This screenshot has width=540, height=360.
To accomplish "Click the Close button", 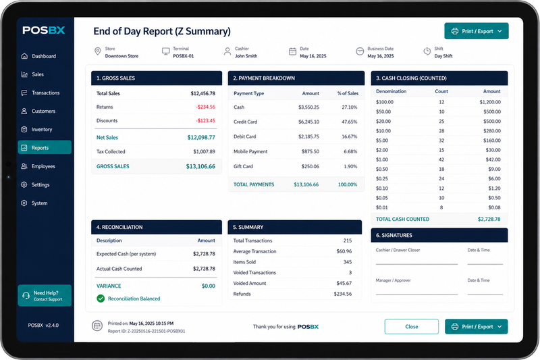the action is (412, 327).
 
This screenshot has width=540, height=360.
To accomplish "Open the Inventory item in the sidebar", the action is (42, 130).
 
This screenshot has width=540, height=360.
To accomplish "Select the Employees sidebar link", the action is (43, 166).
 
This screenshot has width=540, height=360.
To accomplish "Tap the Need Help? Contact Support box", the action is (45, 296).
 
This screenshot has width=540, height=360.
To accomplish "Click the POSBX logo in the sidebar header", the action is (44, 30).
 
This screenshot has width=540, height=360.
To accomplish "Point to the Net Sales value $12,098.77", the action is (201, 138).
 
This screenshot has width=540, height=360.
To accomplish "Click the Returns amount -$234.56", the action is (206, 107).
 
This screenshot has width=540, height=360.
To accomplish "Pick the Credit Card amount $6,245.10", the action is (308, 122).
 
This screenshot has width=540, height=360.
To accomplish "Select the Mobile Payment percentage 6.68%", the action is (350, 151).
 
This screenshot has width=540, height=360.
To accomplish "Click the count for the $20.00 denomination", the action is (441, 122).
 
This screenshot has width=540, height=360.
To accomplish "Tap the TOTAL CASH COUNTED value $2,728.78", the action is (489, 219).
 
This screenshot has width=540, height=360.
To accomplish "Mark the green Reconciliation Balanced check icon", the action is (101, 299).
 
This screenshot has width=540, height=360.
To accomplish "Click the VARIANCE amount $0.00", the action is (209, 286).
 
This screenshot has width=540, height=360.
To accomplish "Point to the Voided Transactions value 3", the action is (350, 272).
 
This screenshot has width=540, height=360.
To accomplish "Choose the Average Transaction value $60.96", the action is (344, 251).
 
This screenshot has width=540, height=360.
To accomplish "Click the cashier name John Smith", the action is (246, 56).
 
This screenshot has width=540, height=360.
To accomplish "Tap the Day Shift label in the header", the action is (443, 56).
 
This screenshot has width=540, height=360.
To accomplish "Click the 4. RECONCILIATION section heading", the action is (119, 227).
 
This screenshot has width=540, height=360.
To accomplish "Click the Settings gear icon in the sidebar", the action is (24, 184).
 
